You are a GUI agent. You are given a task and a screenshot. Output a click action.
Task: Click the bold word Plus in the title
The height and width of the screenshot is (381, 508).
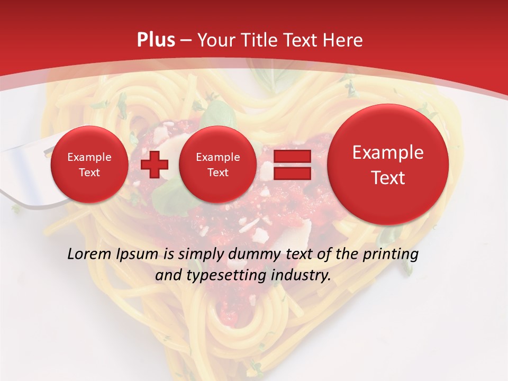[x=156, y=40]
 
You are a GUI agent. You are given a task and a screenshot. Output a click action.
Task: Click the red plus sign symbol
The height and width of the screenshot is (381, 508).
[x=155, y=165]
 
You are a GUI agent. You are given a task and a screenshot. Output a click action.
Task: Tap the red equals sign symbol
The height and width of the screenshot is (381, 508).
[x=292, y=165]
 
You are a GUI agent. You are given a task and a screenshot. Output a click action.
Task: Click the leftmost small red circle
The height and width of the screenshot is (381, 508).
[x=89, y=165]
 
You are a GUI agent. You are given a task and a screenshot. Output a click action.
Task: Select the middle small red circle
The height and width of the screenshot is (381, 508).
[x=217, y=165]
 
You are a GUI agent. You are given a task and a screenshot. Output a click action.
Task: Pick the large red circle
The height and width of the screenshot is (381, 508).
[x=388, y=165]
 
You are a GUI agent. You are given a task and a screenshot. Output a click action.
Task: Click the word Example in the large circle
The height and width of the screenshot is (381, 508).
[x=388, y=152]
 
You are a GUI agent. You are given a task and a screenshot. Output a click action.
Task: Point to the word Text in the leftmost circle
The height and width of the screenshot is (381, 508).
[x=89, y=173]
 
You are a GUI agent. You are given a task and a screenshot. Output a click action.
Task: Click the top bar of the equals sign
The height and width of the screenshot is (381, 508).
[x=292, y=157]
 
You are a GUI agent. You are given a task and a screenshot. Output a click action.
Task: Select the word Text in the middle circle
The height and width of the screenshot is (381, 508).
[x=217, y=173]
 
